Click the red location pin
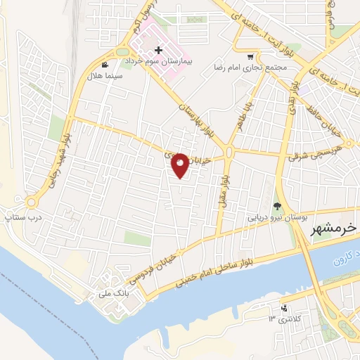[x=180, y=165]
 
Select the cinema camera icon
[x=105, y=65]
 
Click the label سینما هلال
[x=108, y=75]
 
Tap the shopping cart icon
[x=250, y=56]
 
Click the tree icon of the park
[x=277, y=207]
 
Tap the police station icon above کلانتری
[x=283, y=309]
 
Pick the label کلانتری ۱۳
[x=284, y=320]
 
